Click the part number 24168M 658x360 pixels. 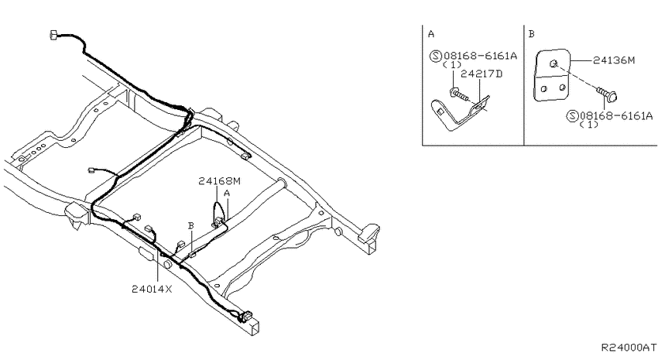tap(220, 181)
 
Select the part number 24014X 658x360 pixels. tap(152, 289)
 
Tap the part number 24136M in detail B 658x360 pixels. tap(614, 60)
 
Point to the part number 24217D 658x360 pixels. tap(482, 74)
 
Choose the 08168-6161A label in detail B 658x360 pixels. tap(616, 116)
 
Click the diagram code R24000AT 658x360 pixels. tap(629, 348)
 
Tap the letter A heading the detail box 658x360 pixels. tap(431, 34)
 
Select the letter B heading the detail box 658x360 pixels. tap(532, 34)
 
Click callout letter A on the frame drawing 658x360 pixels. tap(227, 194)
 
